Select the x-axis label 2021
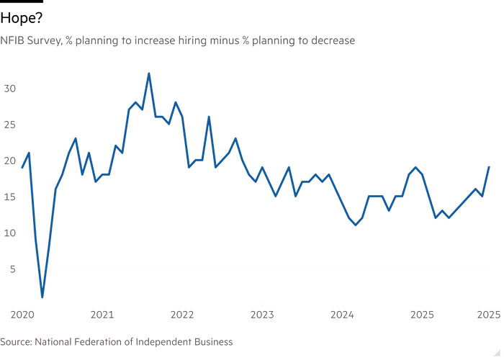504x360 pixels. pos(103,315)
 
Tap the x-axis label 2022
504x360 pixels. pos(182,315)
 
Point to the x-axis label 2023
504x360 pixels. pos(262,315)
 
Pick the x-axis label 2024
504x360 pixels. pos(342,315)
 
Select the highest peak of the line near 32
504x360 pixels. pos(148,73)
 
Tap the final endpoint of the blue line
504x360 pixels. pos(489,167)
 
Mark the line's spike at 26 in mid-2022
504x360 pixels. pos(209,117)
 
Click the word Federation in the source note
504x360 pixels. pos(99,341)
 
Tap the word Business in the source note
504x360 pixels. pos(212,341)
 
